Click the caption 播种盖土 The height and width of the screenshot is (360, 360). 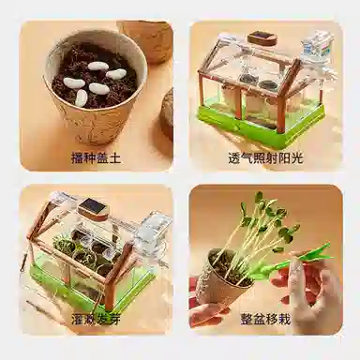tap(96, 158)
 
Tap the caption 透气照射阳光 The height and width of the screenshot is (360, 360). tap(265, 158)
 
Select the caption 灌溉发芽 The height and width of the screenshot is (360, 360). tap(96, 319)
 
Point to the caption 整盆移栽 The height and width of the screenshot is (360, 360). tap(265, 319)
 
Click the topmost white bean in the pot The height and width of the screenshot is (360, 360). tap(98, 66)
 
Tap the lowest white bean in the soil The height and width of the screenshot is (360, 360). tap(82, 97)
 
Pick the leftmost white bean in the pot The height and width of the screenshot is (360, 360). tap(72, 82)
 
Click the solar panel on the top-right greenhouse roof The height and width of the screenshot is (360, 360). tap(262, 38)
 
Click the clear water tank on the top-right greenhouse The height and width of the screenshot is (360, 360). tap(316, 44)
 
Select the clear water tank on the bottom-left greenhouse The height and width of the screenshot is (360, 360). tap(152, 230)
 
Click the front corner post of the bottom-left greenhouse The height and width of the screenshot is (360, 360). tap(110, 292)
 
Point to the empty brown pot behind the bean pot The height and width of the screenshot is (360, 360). tap(147, 40)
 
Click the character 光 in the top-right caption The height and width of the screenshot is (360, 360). tap(297, 158)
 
